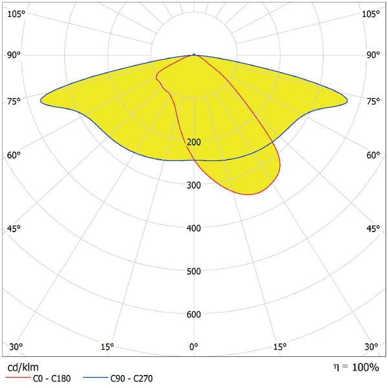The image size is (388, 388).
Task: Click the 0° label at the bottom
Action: pos(194,347)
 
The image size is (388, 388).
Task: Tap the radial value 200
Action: pos(194,142)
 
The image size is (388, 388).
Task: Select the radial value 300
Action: pos(194,186)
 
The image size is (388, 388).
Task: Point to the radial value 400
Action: pos(194,228)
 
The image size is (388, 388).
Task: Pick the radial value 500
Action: pos(194,271)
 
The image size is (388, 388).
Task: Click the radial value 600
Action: pos(194,314)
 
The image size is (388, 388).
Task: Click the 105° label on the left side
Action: pos(17,14)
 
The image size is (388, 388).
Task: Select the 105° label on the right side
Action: pos(371,14)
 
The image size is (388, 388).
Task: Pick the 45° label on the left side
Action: pos(14,228)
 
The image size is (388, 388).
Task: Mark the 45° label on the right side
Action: pos(373,228)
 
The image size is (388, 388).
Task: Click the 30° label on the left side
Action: pos(16,347)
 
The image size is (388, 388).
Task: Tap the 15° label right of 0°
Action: pos(280,347)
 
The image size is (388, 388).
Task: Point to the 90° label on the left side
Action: pos(14,55)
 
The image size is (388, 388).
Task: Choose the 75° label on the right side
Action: pos(373,101)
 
